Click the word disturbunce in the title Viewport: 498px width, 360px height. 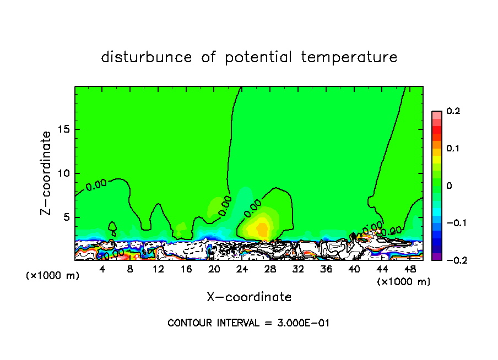click(147, 57)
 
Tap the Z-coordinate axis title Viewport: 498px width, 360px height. click(47, 173)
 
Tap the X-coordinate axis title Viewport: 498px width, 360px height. click(249, 297)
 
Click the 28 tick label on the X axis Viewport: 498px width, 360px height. click(270, 269)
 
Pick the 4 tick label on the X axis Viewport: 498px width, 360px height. click(102, 269)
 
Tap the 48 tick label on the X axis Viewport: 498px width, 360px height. click(410, 269)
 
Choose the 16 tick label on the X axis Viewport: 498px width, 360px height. click(186, 269)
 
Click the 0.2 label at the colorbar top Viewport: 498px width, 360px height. click(453, 111)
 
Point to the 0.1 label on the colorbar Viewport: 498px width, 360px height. click(453, 148)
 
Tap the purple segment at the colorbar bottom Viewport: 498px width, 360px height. click(437, 256)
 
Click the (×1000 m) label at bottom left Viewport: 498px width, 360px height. click(53, 276)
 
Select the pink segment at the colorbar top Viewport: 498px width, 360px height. click(437, 115)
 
